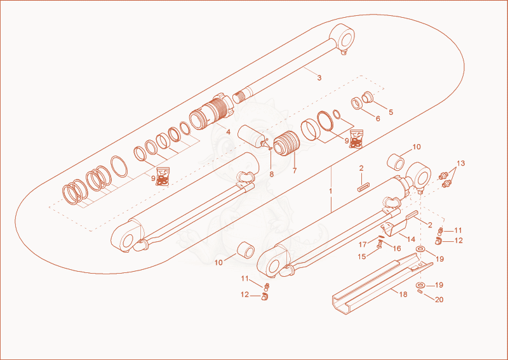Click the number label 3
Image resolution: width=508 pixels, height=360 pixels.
point(319,77)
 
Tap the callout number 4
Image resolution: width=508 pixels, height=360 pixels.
point(228,132)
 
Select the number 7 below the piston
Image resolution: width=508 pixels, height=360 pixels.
point(295,171)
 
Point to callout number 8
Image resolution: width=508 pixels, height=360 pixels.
point(272,175)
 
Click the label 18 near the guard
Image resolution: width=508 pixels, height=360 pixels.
point(403,294)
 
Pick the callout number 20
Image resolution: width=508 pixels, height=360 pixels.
point(439,300)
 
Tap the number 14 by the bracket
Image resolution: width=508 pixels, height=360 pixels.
point(411,239)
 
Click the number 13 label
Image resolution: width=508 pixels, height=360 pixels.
point(460,163)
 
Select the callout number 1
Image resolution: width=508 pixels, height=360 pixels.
point(330,191)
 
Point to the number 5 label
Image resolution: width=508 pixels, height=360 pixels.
point(391,112)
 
